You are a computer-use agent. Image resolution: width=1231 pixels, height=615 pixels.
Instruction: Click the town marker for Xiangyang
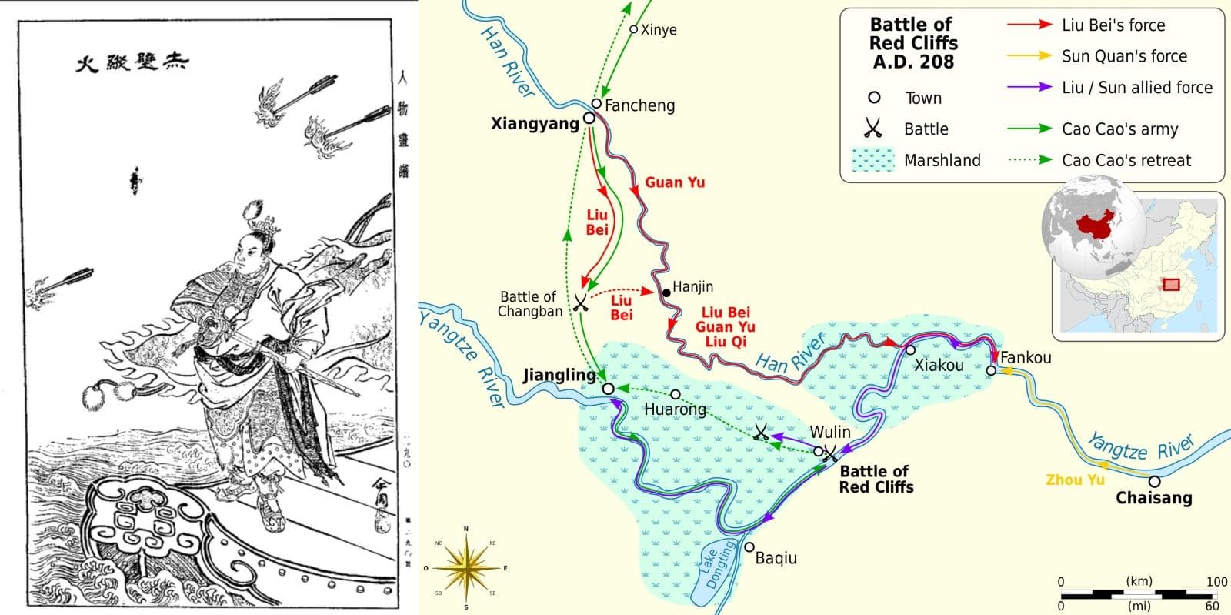click(589, 118)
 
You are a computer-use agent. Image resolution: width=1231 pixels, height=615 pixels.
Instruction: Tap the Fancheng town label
click(639, 105)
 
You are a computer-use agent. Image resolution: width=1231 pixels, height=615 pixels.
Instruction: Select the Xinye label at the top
click(659, 30)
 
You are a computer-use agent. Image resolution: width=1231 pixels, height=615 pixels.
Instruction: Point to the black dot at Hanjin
click(666, 293)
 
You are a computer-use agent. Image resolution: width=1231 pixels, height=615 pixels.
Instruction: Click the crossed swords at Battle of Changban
click(581, 302)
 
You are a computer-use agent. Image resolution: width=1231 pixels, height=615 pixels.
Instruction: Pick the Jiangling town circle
click(609, 389)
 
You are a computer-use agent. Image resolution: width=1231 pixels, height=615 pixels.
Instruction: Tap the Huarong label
click(675, 409)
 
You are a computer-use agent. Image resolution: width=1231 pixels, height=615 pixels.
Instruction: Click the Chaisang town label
click(1153, 498)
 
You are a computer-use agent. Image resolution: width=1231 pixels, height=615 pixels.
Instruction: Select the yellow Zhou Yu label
click(1075, 480)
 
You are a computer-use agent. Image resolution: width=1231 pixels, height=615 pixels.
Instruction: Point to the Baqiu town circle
click(749, 547)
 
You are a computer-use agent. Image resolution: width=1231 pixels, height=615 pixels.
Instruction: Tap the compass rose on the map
click(465, 569)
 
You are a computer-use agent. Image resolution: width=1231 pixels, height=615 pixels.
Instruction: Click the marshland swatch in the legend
click(873, 160)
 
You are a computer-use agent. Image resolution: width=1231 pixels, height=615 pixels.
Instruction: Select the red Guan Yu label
click(675, 182)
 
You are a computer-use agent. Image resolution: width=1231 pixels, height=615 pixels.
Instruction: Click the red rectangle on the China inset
click(1171, 284)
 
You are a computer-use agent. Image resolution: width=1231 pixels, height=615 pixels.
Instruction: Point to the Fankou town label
click(1026, 358)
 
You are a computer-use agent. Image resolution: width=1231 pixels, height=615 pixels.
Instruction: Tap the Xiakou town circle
click(910, 350)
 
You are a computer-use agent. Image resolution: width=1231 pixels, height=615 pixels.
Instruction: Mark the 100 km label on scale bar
click(1216, 581)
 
